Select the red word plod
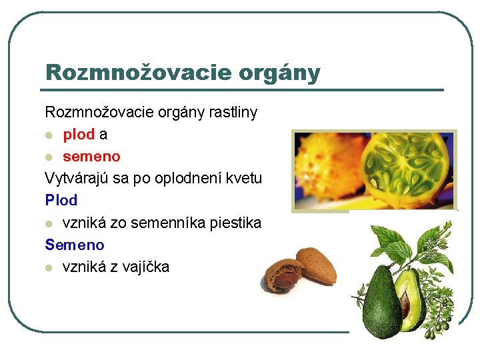point(79,134)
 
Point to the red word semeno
point(91,156)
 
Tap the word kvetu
point(244,178)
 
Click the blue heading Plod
point(61,200)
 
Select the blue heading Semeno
point(75,245)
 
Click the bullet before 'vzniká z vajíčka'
point(49,267)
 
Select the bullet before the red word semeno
point(49,157)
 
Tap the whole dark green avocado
point(382,303)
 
